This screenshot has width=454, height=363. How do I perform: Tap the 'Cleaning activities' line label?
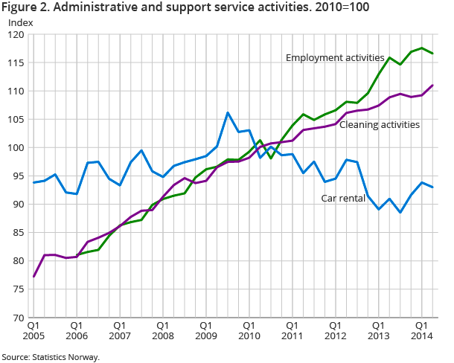click(x=380, y=124)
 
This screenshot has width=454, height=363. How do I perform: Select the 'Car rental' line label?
click(x=343, y=199)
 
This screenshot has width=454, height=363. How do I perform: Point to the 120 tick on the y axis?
click(x=16, y=35)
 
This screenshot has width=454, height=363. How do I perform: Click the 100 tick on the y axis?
click(x=16, y=148)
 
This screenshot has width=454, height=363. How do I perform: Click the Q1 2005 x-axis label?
click(x=33, y=331)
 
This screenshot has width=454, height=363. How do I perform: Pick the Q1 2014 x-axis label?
click(x=421, y=331)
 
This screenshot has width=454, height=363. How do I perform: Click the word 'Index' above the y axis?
click(x=20, y=22)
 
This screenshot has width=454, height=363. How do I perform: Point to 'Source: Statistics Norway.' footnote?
click(x=51, y=357)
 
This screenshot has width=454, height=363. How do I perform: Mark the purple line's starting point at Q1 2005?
click(x=33, y=277)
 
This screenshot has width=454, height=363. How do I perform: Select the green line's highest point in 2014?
click(x=422, y=48)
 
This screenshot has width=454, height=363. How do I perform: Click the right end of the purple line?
click(x=433, y=85)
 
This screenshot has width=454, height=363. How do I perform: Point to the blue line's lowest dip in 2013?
click(x=400, y=213)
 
